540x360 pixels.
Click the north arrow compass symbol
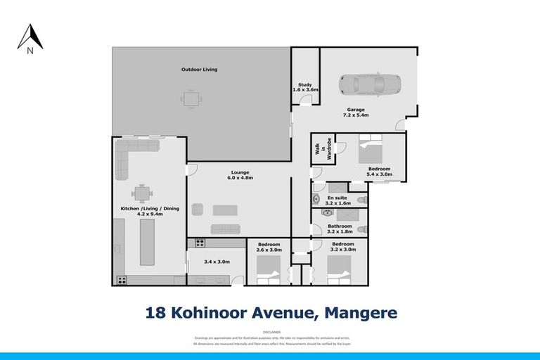coord(30,39)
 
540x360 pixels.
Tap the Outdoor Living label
coord(199,70)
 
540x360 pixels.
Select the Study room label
coord(305,87)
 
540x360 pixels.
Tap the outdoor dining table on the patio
coord(189,98)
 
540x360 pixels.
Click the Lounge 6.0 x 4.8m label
coord(239,175)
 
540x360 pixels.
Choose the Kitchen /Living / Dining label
coord(141,211)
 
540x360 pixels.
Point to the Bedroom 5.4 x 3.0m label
coord(380,172)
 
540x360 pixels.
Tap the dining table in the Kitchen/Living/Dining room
coord(143,192)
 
